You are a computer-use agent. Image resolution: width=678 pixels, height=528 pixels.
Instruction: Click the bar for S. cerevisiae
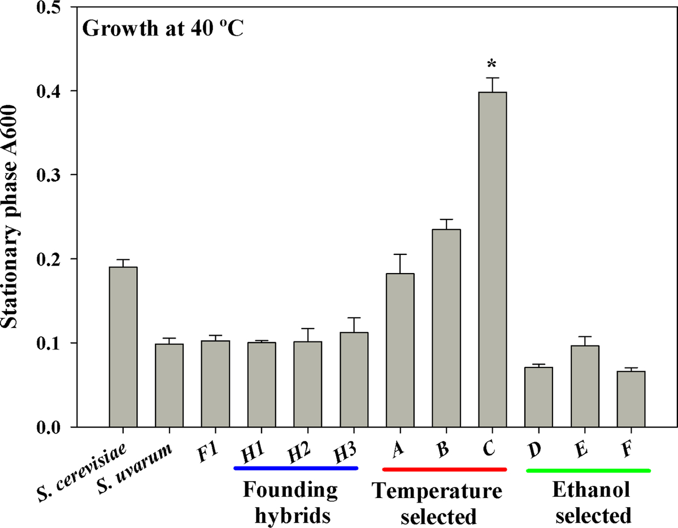tap(123, 347)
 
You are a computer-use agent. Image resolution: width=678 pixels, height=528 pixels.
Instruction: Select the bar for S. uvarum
tap(169, 386)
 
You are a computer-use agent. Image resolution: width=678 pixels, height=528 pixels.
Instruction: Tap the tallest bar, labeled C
tap(493, 259)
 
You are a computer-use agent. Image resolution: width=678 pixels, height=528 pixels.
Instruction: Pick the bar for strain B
tap(446, 328)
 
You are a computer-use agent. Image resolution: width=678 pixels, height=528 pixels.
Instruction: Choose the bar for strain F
tap(631, 399)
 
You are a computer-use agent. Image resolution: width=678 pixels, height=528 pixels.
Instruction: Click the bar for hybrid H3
tap(354, 379)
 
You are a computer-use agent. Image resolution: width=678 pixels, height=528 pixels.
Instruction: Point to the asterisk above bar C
tap(492, 64)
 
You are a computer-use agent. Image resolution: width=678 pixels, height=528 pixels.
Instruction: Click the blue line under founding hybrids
tap(296, 468)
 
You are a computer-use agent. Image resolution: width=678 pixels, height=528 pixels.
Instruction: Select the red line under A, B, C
tap(445, 469)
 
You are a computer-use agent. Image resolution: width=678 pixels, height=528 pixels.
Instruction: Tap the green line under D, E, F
tap(589, 470)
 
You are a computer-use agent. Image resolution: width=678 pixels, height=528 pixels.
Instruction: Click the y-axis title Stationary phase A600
tap(10, 217)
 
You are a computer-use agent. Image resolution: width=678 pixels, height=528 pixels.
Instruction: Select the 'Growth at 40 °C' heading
tap(163, 28)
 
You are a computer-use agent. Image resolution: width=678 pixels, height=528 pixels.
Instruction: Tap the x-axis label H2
tap(299, 453)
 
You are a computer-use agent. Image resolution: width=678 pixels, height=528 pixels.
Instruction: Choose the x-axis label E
tap(581, 449)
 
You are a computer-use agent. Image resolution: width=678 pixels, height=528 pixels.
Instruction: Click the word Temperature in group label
tap(437, 491)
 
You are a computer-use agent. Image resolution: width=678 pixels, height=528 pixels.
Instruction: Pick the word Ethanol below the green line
tap(591, 490)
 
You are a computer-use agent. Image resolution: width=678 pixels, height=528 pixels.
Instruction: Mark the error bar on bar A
tap(401, 263)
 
